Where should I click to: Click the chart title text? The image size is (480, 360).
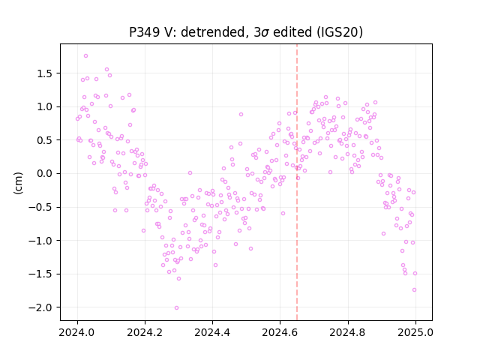point(246,32)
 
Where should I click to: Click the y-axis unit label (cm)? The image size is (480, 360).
point(18,183)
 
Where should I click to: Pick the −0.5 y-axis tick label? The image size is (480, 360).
point(42,207)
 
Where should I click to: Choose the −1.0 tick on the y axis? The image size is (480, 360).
point(42,241)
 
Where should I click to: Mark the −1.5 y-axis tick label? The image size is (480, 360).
point(42,274)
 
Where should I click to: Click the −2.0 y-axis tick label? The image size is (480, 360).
point(42,307)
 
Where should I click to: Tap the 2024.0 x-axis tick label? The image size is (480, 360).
point(77,332)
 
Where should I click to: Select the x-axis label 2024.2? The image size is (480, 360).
point(145,332)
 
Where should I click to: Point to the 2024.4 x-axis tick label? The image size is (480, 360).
point(212,332)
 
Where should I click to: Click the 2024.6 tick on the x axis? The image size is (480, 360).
point(280,332)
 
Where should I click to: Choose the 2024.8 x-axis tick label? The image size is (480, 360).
point(348,332)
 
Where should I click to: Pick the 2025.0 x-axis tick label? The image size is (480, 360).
point(415,332)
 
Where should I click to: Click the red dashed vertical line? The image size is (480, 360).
point(297,182)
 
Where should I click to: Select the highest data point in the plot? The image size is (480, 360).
point(85,56)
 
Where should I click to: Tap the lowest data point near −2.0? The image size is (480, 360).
point(176,308)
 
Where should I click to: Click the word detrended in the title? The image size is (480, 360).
point(214,32)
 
